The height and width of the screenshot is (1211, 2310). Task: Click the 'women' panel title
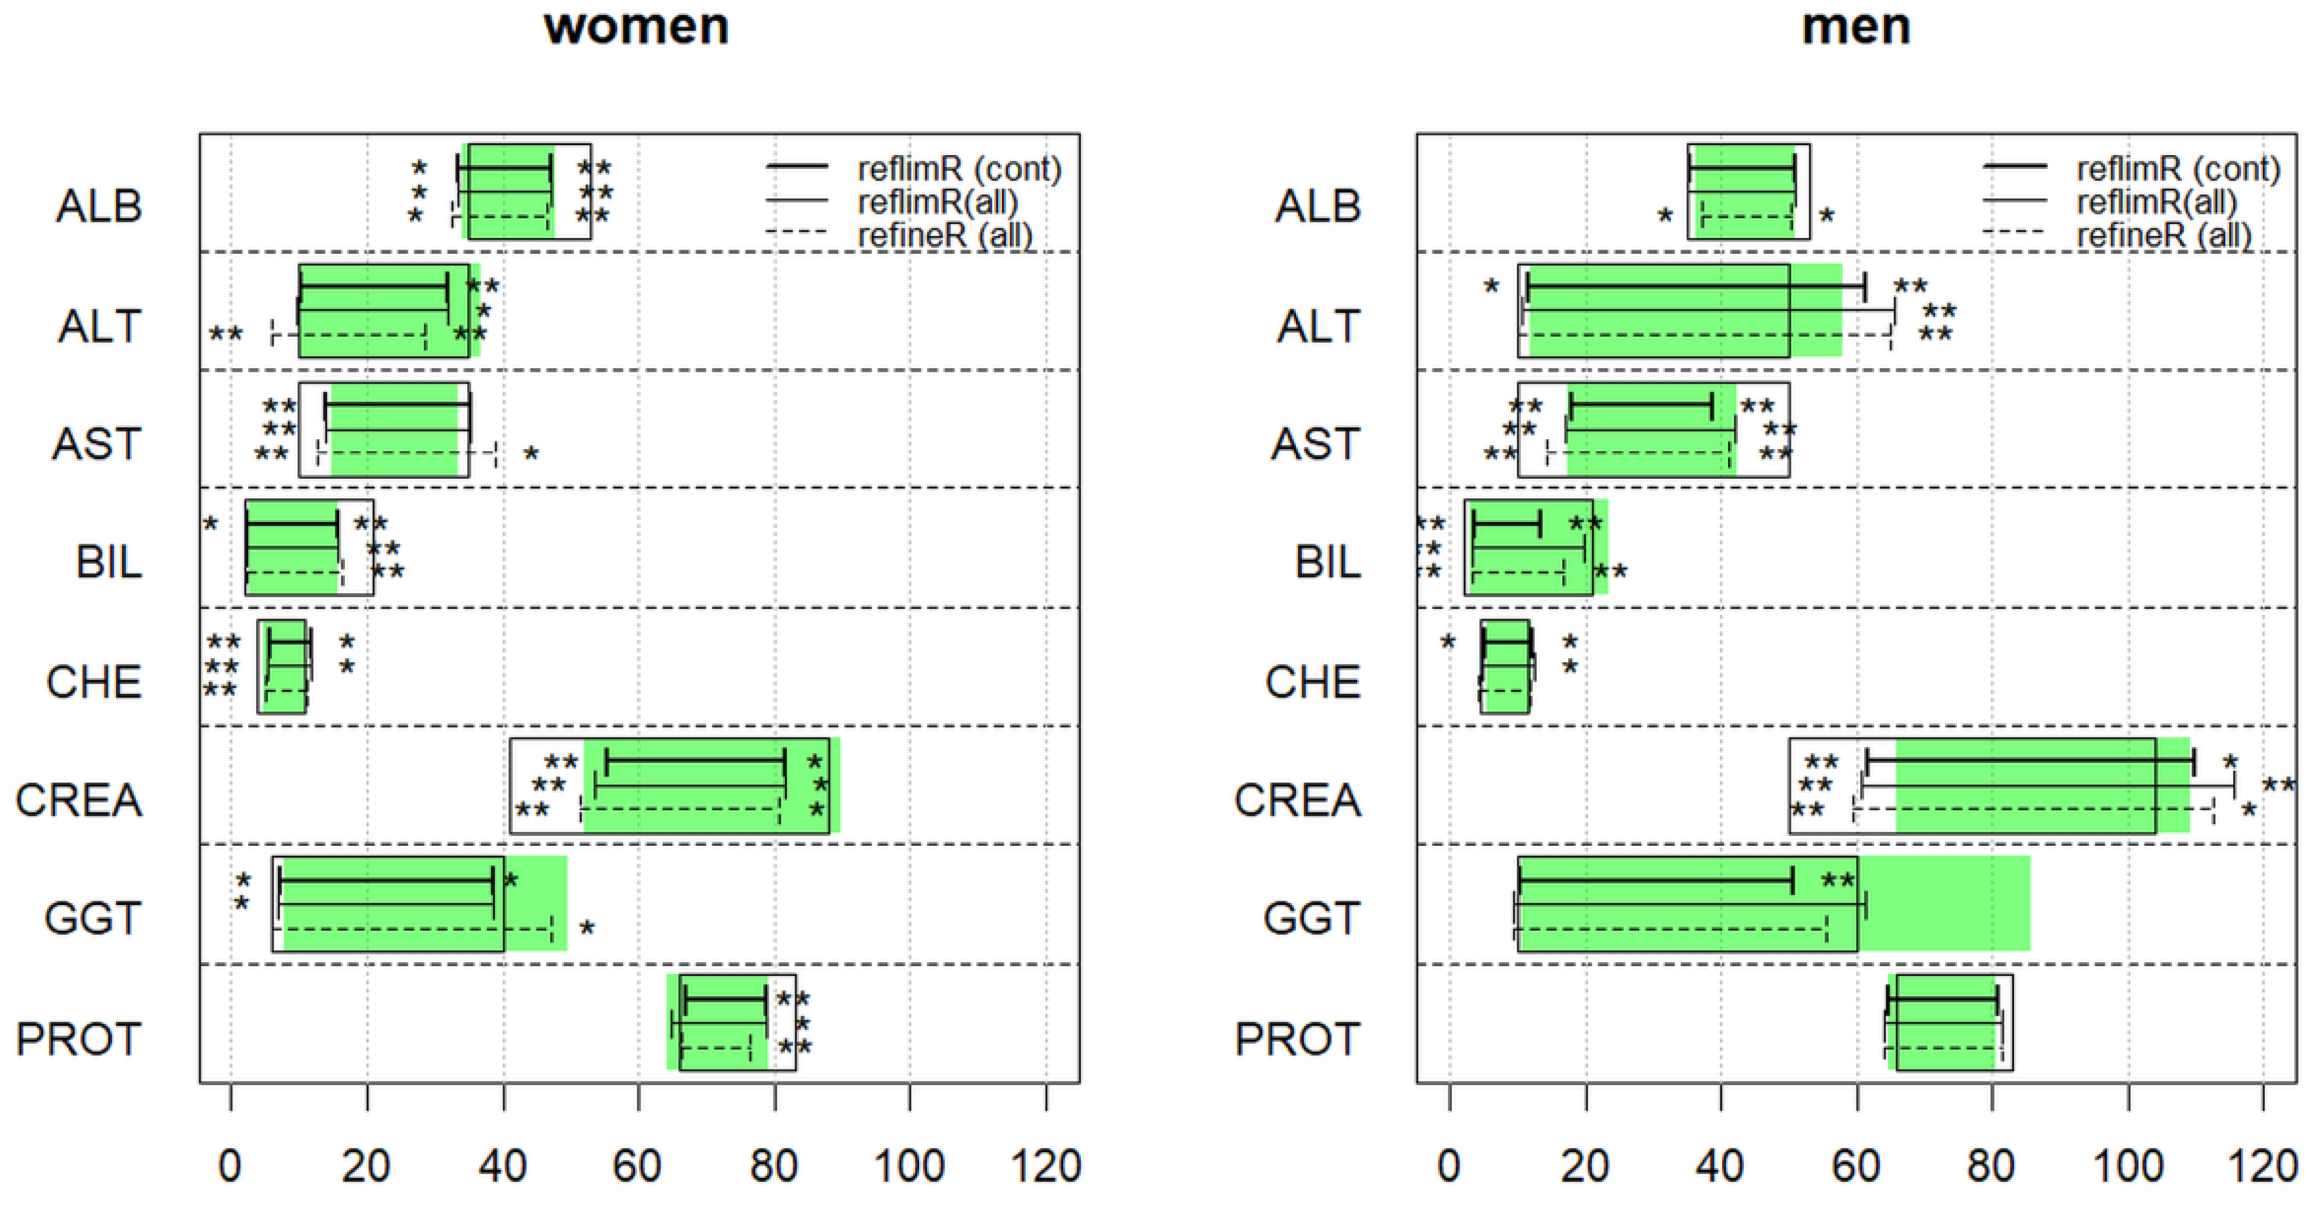[636, 27]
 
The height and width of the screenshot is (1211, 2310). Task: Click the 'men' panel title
[1855, 27]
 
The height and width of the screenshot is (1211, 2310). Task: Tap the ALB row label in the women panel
[98, 206]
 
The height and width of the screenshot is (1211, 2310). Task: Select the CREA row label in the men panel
[1298, 800]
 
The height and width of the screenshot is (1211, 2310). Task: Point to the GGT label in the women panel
[93, 918]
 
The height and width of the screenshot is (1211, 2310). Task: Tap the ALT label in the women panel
[98, 326]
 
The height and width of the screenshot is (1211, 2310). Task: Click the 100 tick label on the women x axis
[909, 1167]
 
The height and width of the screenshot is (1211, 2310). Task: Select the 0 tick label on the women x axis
[231, 1167]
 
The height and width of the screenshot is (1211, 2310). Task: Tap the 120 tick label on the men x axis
[2262, 1167]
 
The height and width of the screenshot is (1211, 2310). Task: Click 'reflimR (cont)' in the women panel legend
[959, 169]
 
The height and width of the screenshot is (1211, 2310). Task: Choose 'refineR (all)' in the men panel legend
[2164, 236]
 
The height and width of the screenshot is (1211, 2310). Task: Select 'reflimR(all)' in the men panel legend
[2156, 202]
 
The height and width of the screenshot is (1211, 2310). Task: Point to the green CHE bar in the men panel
[1505, 665]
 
